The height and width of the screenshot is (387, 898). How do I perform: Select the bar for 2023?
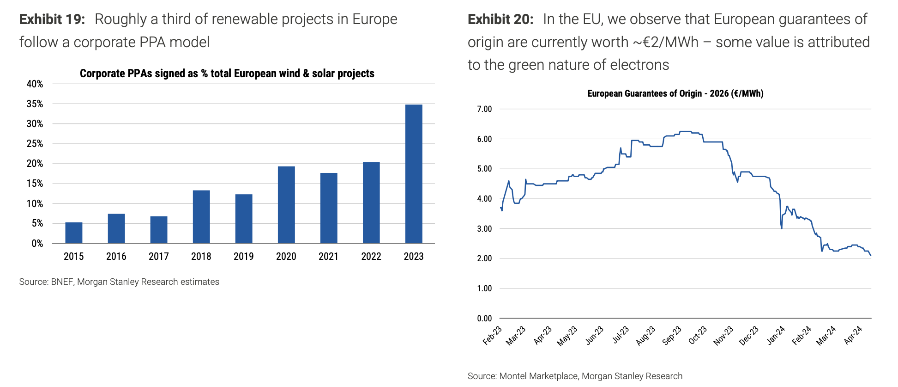point(414,174)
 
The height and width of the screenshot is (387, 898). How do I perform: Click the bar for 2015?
point(74,233)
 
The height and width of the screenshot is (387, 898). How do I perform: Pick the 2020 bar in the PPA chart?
point(286,204)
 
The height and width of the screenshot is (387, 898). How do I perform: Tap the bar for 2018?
point(201,216)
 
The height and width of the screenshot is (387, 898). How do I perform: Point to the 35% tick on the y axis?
point(35,104)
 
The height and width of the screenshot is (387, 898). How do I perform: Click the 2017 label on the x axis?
point(159,257)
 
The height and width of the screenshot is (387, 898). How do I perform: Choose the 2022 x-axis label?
point(371,257)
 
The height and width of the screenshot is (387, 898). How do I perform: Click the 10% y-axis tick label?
point(35,204)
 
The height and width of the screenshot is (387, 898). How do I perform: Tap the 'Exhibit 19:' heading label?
point(52,19)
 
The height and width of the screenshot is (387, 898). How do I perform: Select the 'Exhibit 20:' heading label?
point(500,19)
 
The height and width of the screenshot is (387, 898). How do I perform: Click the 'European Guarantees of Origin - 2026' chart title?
point(675,93)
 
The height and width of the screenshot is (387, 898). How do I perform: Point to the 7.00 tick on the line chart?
point(484,109)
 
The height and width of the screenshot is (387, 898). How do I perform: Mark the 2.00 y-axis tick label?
point(484,258)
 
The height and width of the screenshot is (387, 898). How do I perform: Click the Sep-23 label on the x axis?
point(672,335)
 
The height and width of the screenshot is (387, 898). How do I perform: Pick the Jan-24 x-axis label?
point(776,335)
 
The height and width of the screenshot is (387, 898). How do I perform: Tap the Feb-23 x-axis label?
point(493,335)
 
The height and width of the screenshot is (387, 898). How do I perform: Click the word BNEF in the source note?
point(62,282)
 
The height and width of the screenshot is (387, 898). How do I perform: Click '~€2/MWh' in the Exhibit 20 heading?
point(665,43)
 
